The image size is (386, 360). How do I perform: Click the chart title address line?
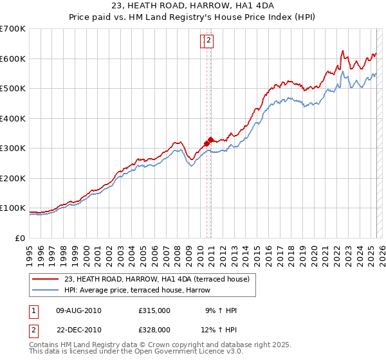click(192, 5)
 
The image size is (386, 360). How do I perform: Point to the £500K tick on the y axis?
click(13, 88)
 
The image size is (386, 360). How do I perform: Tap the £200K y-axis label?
click(13, 178)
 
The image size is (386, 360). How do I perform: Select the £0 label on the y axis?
click(21, 238)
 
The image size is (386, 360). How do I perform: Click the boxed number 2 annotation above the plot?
click(209, 41)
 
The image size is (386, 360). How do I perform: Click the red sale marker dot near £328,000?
click(211, 139)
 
